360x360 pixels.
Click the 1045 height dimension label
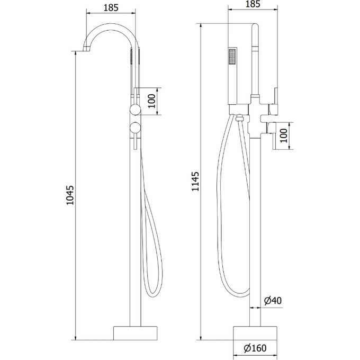(70, 195)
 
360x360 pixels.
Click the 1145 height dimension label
(195, 182)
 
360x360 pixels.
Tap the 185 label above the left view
(111, 7)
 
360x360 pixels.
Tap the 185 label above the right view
(253, 4)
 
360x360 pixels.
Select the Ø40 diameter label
(273, 301)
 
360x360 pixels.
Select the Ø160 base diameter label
(255, 348)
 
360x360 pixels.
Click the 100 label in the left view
(151, 101)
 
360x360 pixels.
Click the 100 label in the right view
(284, 136)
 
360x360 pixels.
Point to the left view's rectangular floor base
(136, 333)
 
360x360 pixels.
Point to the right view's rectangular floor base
(255, 333)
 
